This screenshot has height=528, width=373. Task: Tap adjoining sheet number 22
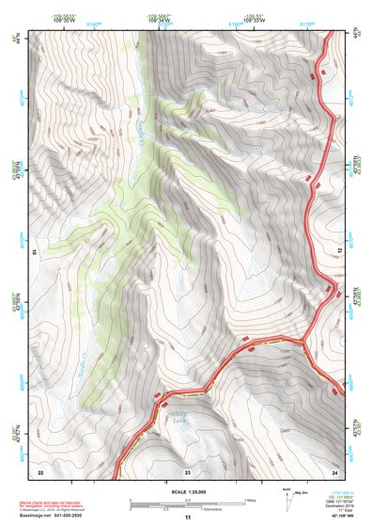point(39,471)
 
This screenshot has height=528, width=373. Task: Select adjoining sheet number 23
point(187,471)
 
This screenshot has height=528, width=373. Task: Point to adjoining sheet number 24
point(334,471)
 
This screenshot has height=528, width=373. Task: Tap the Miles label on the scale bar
point(250,499)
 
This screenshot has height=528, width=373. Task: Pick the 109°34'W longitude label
point(160,18)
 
